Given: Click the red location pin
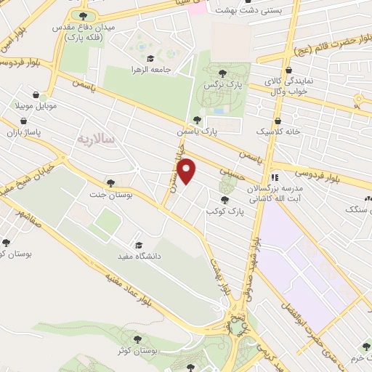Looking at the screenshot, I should click(x=188, y=171).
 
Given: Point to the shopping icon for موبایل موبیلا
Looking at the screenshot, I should click(x=35, y=94).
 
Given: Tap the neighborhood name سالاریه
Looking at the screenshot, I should click(x=95, y=138).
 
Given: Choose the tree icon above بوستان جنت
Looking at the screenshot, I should click(x=110, y=183).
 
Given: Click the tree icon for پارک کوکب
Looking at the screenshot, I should click(x=224, y=200).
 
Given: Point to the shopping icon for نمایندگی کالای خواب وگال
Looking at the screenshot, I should click(x=289, y=70).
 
